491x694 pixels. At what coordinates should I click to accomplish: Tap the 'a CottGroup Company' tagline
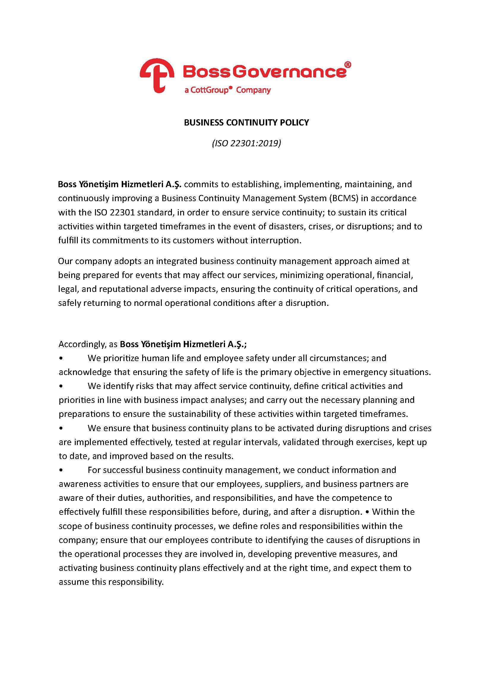click(227, 90)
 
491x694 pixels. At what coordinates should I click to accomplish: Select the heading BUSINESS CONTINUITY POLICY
click(246, 123)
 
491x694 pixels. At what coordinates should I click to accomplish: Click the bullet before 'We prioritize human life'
click(61, 358)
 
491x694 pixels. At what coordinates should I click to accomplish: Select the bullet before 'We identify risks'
click(61, 386)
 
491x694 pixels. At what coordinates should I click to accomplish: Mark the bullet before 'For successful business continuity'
click(61, 470)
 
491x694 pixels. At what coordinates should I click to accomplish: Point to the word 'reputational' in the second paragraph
click(117, 289)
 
